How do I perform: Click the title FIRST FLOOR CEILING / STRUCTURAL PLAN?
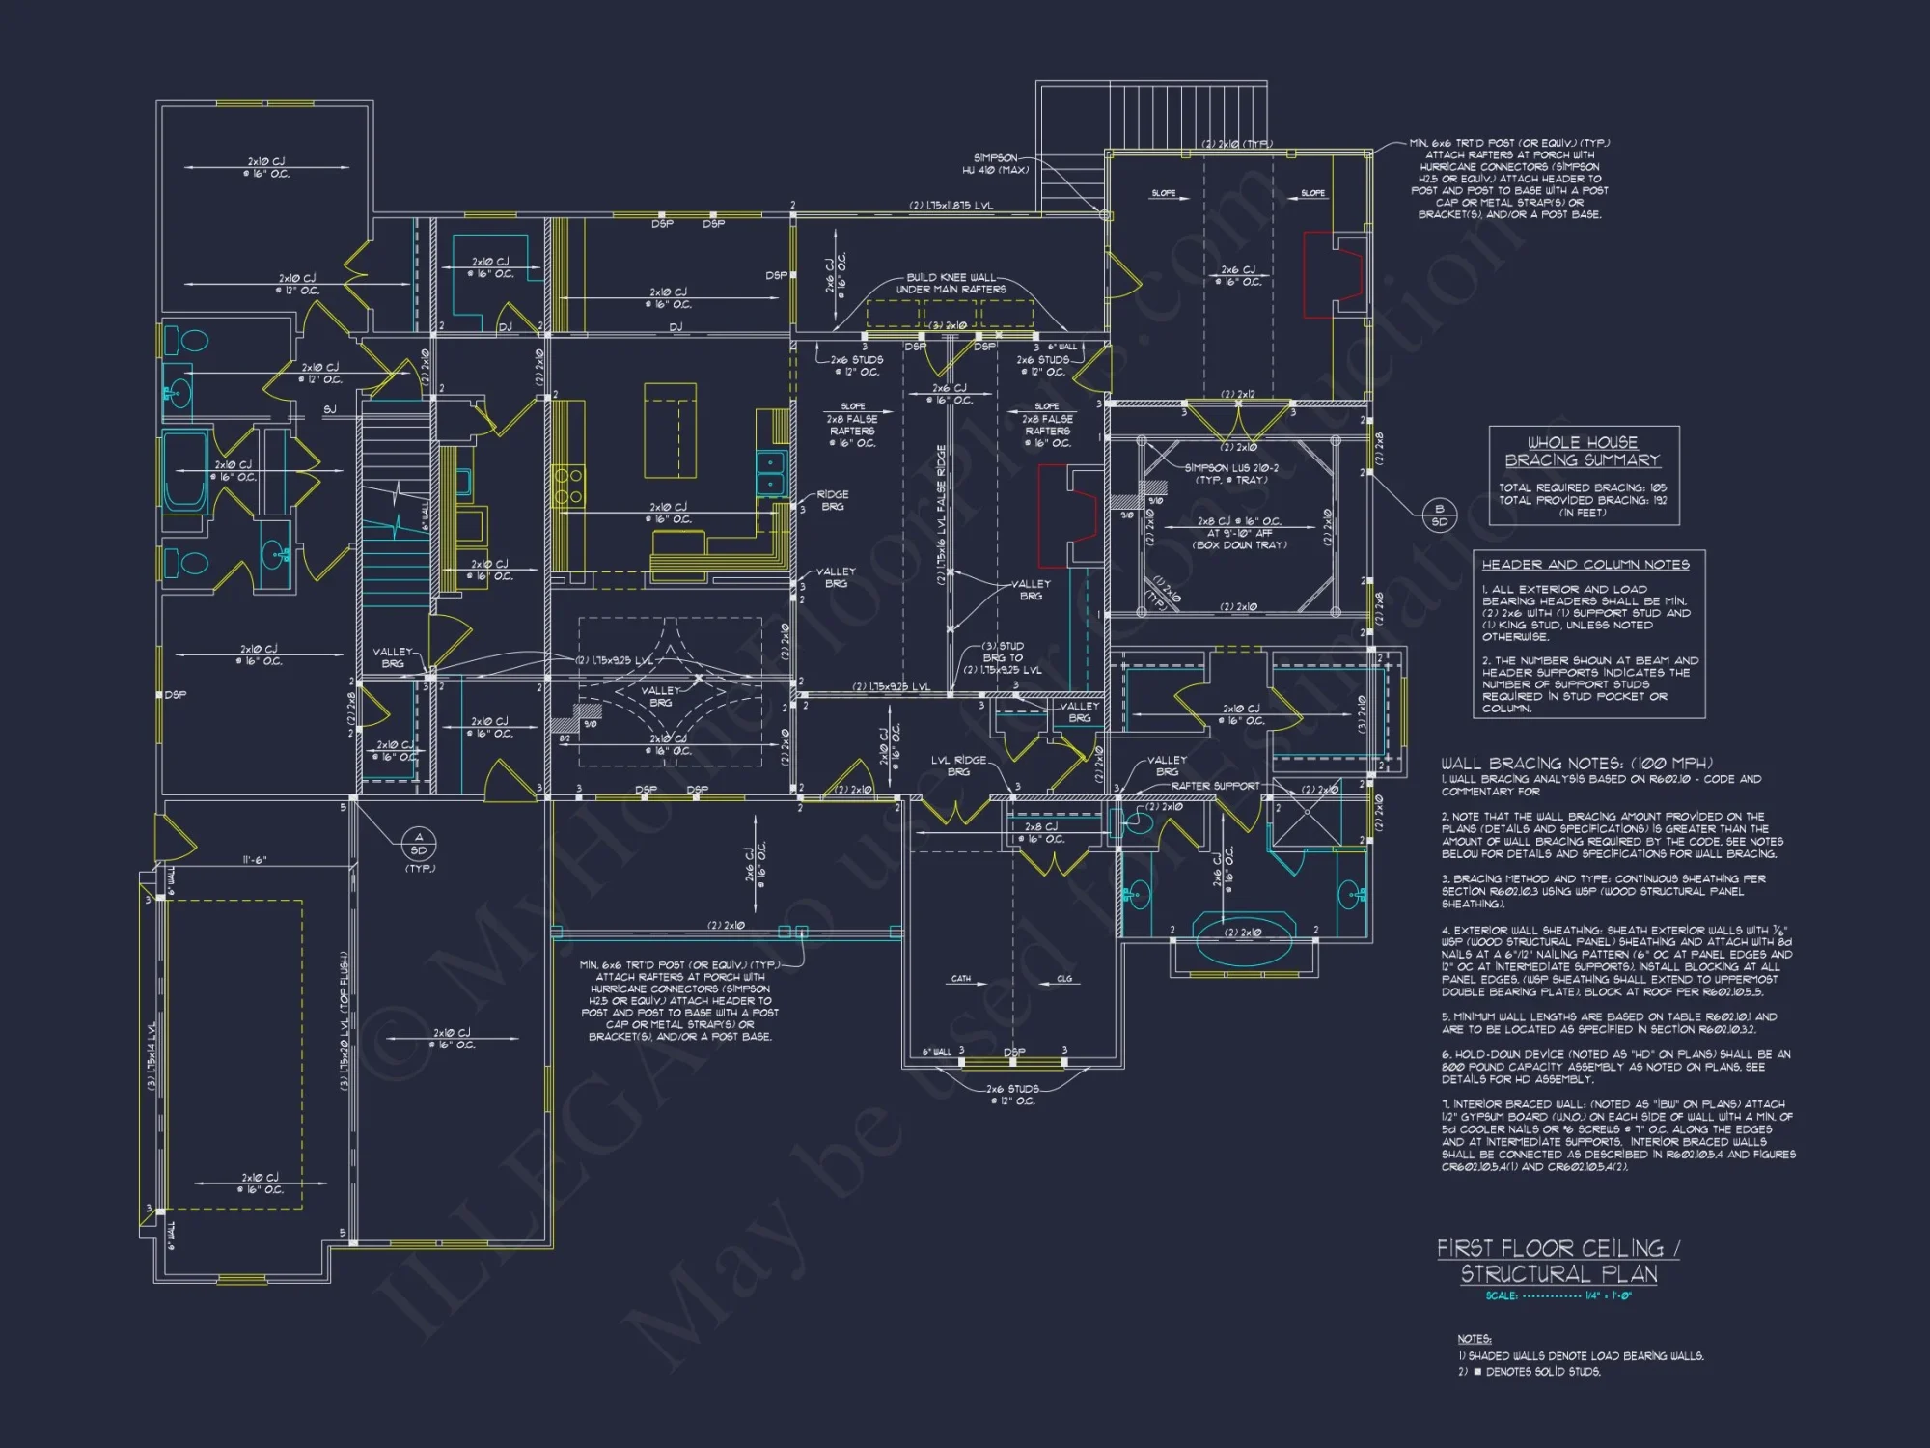[x=1558, y=1261]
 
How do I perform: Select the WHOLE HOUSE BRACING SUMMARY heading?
[x=1583, y=452]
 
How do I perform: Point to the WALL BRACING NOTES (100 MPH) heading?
[x=1577, y=763]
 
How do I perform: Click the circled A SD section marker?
[x=418, y=844]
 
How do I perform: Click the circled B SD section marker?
[x=1439, y=515]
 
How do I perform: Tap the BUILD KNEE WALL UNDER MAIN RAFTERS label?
[x=951, y=283]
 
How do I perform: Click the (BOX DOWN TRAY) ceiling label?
[x=1240, y=545]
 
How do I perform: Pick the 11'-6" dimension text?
[x=254, y=860]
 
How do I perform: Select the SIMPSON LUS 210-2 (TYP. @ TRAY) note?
[x=1231, y=473]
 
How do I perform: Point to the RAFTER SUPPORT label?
[x=1215, y=786]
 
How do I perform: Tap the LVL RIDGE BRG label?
[x=958, y=766]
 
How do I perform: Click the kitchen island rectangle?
[x=670, y=430]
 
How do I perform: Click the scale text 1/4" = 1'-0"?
[x=1608, y=1295]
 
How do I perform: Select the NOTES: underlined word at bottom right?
[x=1474, y=1339]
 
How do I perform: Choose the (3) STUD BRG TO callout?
[x=1003, y=652]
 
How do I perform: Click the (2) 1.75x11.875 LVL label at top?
[x=951, y=206]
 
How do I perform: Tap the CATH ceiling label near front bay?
[x=961, y=979]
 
